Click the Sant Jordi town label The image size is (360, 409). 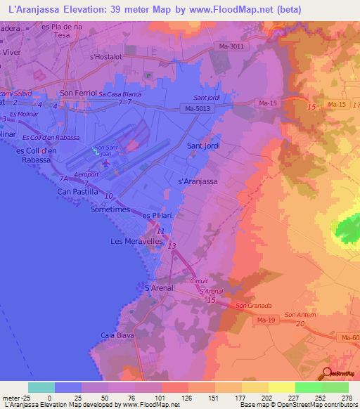(x=203, y=145)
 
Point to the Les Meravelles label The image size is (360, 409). (x=137, y=241)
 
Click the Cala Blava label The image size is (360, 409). (x=116, y=335)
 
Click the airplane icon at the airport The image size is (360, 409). (x=107, y=163)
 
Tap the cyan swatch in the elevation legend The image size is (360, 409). (x=41, y=387)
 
